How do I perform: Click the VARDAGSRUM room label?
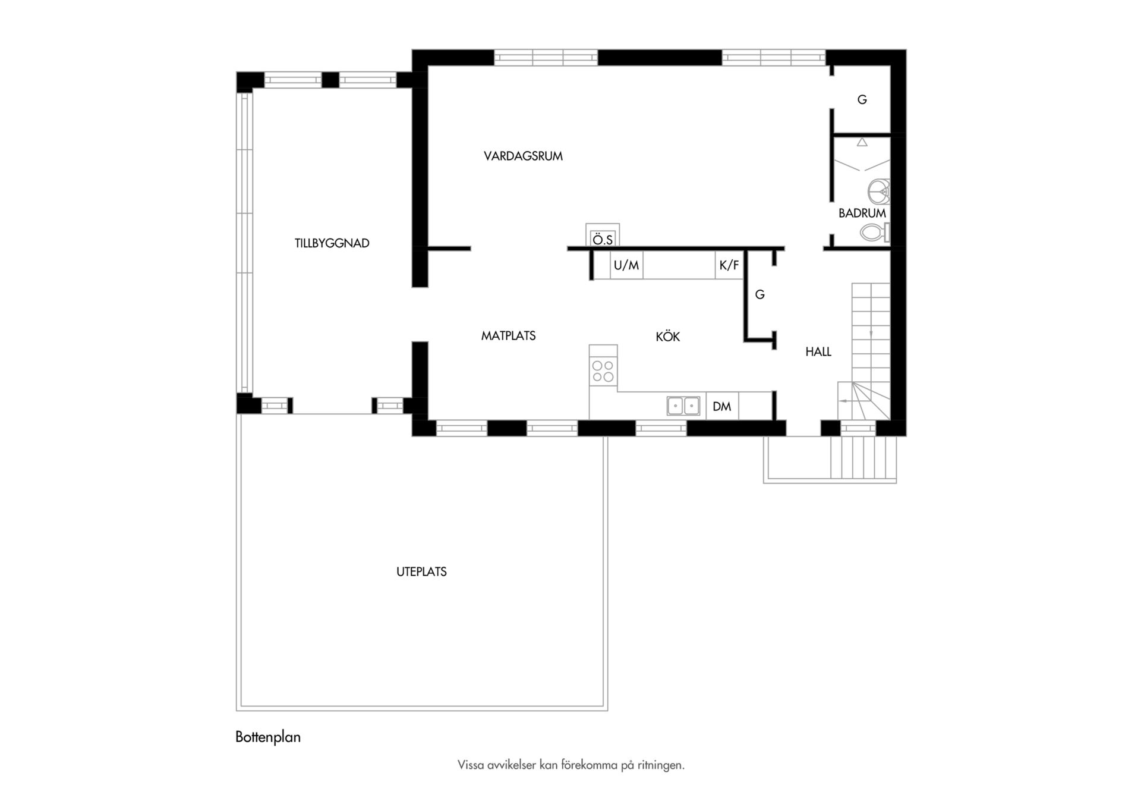523,156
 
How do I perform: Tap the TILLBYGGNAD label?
332,243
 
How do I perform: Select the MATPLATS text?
509,336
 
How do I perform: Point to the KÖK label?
668,337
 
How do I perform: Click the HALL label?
818,352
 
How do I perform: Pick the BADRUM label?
862,213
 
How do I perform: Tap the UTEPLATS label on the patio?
422,572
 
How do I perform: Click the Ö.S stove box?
603,235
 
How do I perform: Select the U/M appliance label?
626,265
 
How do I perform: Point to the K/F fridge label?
729,265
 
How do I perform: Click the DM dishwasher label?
722,407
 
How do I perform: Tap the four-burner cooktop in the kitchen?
603,372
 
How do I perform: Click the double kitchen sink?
683,406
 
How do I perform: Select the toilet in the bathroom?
875,233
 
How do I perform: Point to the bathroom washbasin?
879,191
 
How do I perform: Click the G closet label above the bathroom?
862,100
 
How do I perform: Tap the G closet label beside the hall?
760,294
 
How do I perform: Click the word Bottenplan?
268,737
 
